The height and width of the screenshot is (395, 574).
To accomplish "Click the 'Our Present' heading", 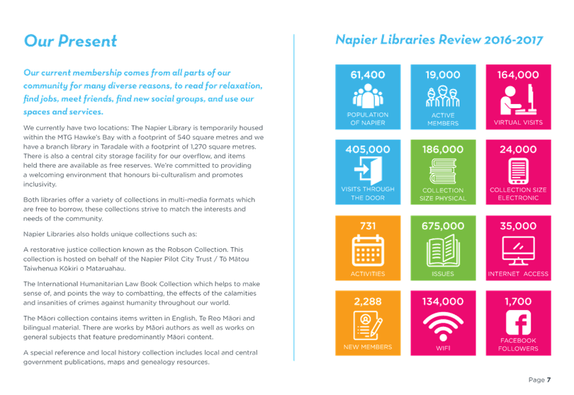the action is point(70,40).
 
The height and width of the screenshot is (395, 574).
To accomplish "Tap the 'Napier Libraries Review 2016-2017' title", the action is point(439,40).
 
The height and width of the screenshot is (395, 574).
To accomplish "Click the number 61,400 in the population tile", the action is point(368,75).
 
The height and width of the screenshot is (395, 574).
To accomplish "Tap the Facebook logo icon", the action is point(518,323).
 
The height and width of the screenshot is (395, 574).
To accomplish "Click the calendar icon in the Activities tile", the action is point(368,251).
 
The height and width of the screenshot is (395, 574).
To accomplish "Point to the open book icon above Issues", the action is point(443,251).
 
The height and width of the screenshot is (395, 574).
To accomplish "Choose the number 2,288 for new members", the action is point(368,302).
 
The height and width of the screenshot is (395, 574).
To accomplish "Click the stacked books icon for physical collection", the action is point(443,171).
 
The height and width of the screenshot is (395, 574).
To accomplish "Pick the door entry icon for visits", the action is point(368,171).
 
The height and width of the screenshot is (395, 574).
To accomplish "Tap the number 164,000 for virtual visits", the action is point(518,75).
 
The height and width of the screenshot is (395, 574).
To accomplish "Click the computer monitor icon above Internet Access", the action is point(518,251).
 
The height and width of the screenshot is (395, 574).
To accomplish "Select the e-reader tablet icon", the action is point(518,171).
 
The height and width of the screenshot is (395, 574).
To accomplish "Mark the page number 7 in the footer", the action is point(548,379).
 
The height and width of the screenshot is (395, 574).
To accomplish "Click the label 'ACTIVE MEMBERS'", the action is point(443,119).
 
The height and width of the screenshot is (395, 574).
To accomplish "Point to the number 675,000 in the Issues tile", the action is point(443,226).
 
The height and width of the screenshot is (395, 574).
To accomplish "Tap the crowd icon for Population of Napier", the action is point(368,96).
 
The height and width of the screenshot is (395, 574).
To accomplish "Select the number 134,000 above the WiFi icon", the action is point(443,302).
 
